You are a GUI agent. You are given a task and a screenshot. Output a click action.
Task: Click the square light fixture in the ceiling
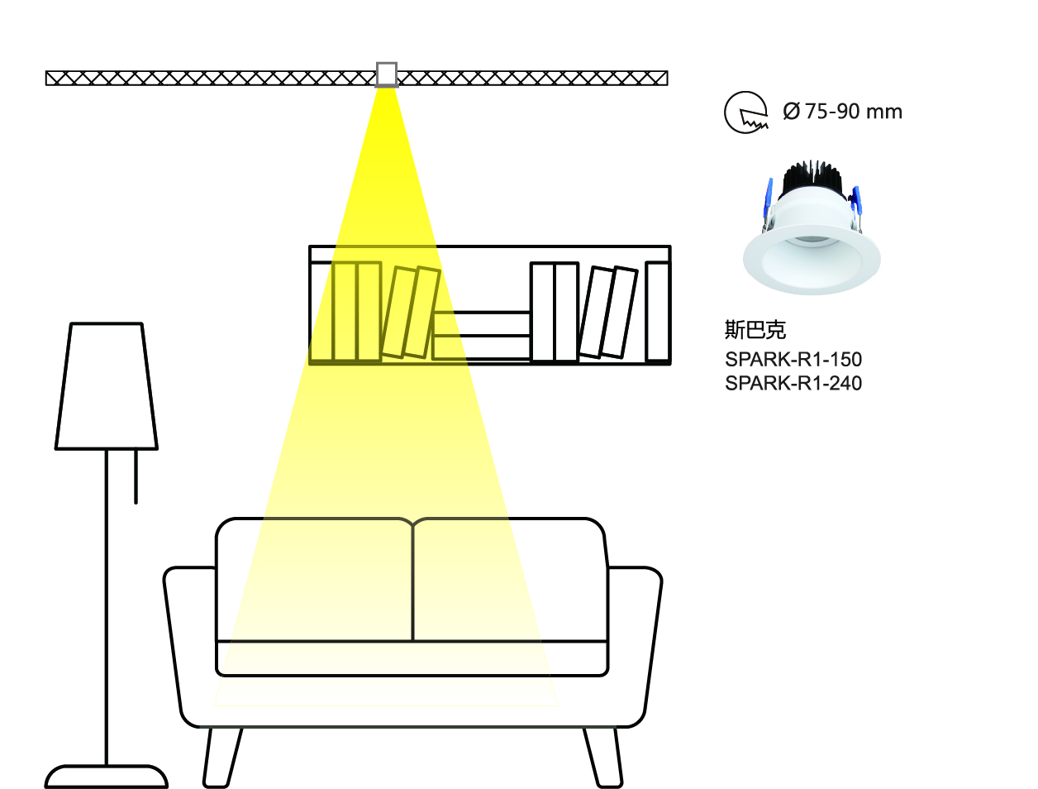(x=386, y=74)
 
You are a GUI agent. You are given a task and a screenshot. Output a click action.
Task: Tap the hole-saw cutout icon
(x=745, y=112)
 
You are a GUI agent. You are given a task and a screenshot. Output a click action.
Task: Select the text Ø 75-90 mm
(x=842, y=112)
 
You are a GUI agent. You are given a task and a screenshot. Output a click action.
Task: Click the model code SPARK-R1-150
(x=793, y=360)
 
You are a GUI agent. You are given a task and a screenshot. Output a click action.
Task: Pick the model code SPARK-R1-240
(x=793, y=383)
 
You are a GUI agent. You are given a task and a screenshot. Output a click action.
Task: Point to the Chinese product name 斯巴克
(x=755, y=330)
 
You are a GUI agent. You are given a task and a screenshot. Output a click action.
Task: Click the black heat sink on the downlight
(x=811, y=179)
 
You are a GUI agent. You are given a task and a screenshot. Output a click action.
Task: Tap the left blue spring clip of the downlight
(x=768, y=198)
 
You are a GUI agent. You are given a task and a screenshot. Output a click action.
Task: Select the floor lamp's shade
(x=107, y=386)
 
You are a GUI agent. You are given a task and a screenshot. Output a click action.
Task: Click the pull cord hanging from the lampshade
(x=136, y=476)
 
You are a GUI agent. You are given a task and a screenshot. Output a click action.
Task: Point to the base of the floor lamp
(x=107, y=777)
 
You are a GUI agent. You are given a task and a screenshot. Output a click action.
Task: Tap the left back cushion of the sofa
(x=314, y=579)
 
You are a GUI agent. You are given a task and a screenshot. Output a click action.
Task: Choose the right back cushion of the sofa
(x=510, y=579)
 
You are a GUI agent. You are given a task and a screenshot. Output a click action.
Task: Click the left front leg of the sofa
(x=223, y=757)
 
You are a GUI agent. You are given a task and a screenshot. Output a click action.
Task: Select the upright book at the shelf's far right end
(x=657, y=311)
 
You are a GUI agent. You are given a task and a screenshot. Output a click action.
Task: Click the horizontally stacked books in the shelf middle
(x=482, y=336)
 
